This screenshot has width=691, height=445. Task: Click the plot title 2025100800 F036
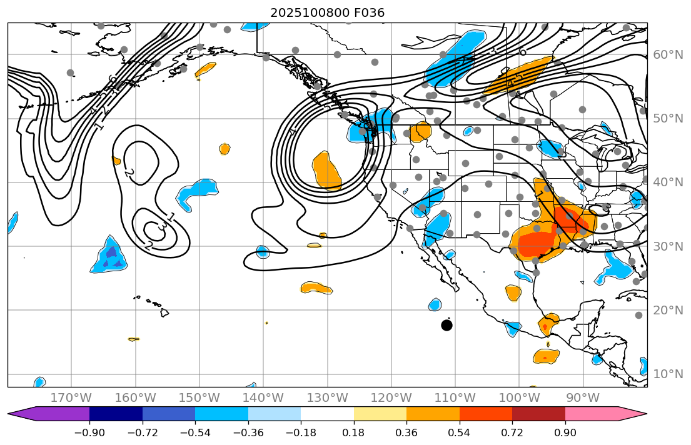pyautogui.click(x=327, y=12)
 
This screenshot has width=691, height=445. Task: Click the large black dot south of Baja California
pyautogui.click(x=446, y=325)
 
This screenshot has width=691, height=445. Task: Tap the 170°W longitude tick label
pyautogui.click(x=71, y=397)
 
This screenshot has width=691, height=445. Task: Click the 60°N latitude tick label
pyautogui.click(x=668, y=55)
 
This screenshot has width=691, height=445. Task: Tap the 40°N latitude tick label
pyautogui.click(x=668, y=182)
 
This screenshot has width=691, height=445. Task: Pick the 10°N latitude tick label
pyautogui.click(x=668, y=374)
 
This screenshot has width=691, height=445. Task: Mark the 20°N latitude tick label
pyautogui.click(x=668, y=311)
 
